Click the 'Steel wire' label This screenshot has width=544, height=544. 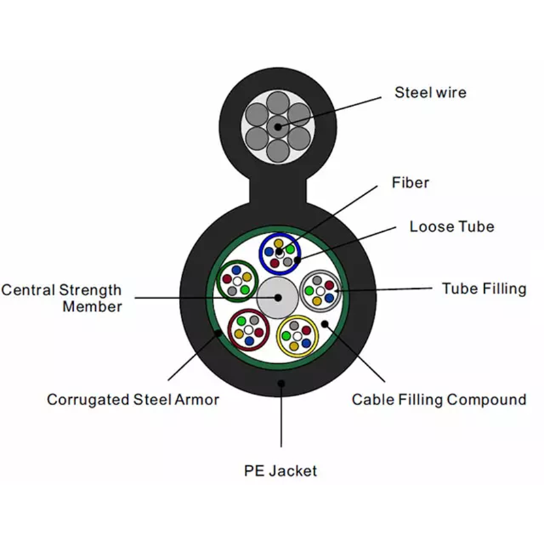(430, 92)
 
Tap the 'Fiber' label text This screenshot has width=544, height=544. (411, 182)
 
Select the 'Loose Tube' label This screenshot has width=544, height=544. (452, 226)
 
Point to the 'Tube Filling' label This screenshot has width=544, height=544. (484, 288)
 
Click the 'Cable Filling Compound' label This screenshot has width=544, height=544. (439, 400)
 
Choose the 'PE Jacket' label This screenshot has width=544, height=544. (280, 471)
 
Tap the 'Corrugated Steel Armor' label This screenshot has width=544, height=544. (133, 400)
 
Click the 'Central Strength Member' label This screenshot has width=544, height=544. (61, 299)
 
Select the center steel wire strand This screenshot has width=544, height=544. (278, 127)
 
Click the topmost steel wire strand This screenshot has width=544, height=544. (278, 103)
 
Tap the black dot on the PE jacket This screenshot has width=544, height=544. (282, 384)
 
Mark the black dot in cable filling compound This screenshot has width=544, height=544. (325, 324)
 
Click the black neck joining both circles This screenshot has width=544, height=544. (278, 190)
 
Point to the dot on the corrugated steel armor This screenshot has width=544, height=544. (218, 333)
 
